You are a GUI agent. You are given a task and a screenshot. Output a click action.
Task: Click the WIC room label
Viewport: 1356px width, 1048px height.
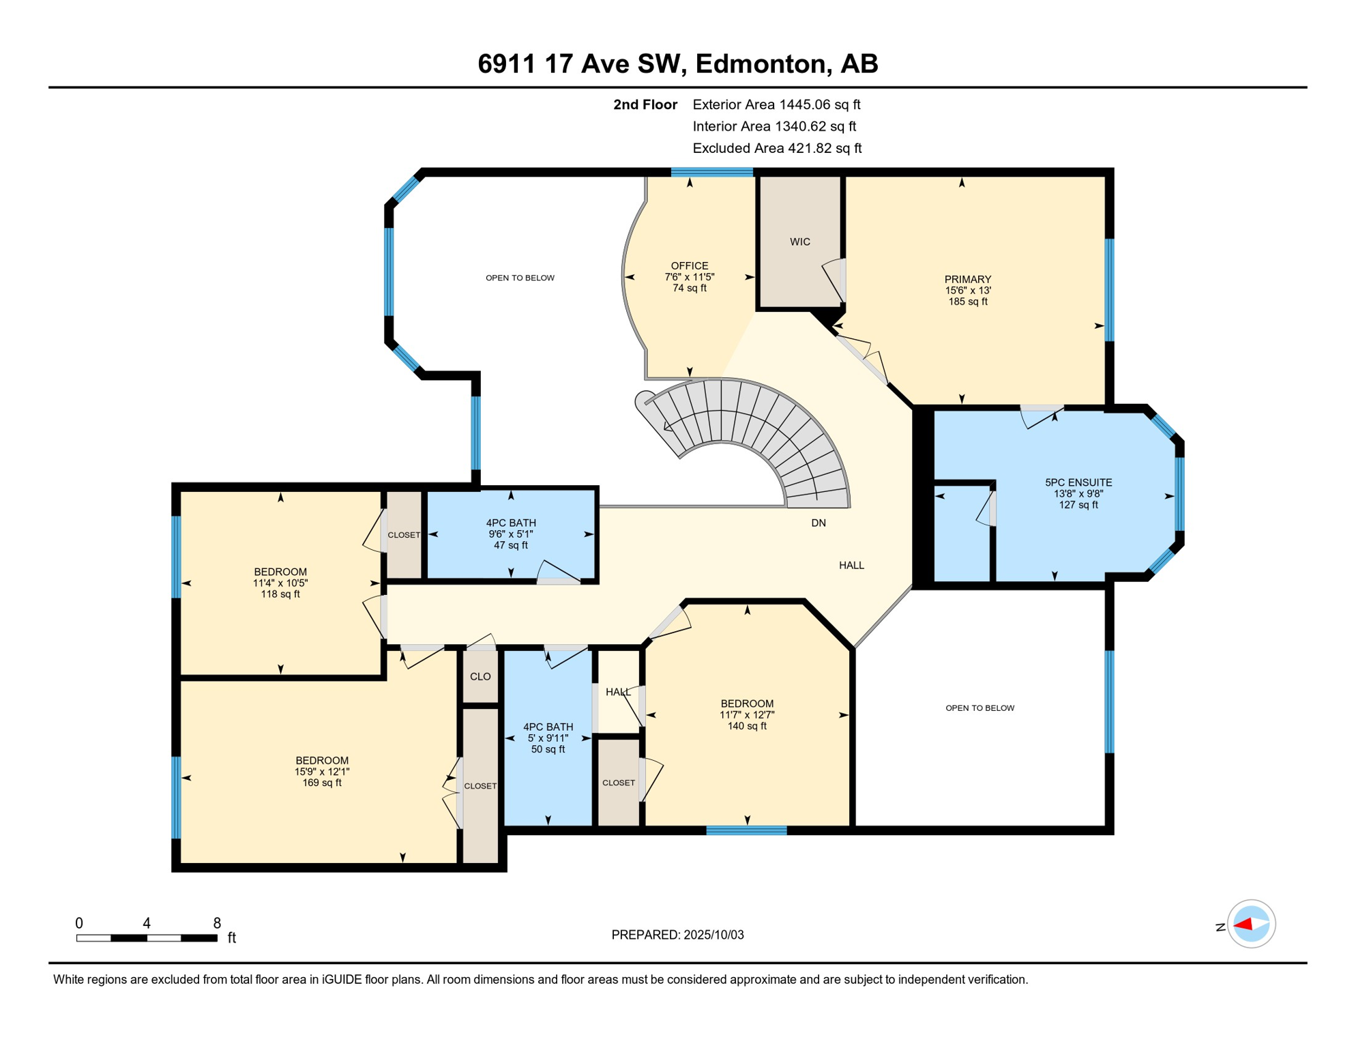(799, 242)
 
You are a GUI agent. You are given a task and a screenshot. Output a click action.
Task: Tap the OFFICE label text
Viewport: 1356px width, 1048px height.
(689, 265)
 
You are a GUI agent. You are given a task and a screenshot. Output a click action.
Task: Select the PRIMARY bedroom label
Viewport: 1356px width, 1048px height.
(967, 279)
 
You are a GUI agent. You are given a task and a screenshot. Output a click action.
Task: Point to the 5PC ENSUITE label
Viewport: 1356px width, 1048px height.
(1078, 482)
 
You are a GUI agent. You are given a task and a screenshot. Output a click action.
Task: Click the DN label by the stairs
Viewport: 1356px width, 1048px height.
(819, 523)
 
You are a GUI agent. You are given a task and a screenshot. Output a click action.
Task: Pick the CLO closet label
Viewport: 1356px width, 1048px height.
(480, 676)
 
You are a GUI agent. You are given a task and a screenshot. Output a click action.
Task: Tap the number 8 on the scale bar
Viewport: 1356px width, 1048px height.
(217, 922)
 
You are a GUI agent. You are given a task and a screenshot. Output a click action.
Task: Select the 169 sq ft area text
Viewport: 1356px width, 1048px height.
(322, 783)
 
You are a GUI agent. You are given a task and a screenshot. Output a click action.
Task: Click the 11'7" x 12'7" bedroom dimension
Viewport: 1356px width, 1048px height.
(747, 714)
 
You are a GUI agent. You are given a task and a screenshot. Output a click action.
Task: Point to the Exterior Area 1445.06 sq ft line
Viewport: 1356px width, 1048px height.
(776, 104)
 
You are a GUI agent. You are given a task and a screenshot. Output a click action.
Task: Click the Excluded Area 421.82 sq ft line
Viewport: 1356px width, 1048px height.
(777, 148)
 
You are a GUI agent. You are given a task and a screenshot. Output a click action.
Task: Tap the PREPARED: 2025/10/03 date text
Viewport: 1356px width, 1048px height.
(677, 935)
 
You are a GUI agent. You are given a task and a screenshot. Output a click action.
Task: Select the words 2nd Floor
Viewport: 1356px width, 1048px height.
(645, 104)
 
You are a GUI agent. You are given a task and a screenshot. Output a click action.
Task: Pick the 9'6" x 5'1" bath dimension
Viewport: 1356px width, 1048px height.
(511, 534)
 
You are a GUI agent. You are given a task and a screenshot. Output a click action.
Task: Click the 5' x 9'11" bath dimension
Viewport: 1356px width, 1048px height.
(548, 738)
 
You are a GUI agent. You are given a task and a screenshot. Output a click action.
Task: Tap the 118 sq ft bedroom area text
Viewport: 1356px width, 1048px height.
(280, 594)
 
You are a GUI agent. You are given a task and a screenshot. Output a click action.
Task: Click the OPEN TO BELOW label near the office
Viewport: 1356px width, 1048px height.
(520, 278)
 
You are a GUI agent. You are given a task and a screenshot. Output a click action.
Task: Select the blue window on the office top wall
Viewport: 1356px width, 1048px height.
(711, 172)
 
